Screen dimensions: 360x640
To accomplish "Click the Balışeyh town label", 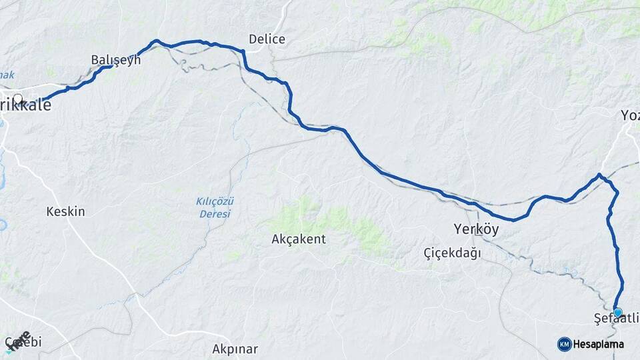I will coord(116,59).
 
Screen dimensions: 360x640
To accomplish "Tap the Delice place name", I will coord(267,39).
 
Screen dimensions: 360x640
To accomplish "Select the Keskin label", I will coord(65,211).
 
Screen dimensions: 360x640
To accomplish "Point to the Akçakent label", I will coord(299,239).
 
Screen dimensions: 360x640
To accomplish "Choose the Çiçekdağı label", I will coord(452,253).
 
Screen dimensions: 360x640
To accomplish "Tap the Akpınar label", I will coord(235,349).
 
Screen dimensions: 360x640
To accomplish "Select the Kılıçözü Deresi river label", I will coord(215,207).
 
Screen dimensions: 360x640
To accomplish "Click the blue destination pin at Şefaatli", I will coord(617,312).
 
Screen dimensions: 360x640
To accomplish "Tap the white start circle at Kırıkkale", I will coord(18,100).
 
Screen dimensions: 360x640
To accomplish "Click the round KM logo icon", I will coord(564,344).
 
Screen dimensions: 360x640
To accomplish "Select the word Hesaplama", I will coord(599,344).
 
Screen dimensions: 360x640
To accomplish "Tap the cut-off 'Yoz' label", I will coord(630,115).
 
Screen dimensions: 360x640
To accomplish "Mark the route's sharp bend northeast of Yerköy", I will coord(600,175).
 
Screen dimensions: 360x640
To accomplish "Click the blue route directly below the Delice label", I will coord(267,76).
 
